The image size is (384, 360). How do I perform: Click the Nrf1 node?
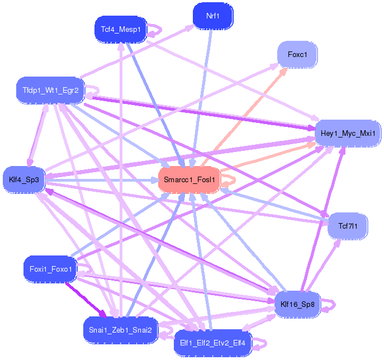click(x=212, y=16)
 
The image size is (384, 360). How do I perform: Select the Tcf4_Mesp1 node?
click(x=121, y=29)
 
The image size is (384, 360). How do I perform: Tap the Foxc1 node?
click(x=297, y=55)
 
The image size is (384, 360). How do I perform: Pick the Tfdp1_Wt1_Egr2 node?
click(x=50, y=90)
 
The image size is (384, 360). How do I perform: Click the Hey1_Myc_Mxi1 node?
click(x=348, y=134)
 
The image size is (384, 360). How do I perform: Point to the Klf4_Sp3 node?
click(x=23, y=179)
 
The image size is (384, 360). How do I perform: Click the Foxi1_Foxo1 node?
click(x=50, y=269)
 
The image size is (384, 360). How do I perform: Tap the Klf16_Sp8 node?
click(x=302, y=305)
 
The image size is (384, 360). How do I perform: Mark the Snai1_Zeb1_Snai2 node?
click(x=121, y=330)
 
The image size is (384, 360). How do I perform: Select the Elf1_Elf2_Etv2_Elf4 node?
click(x=212, y=342)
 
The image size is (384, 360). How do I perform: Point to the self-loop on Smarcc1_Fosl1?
click(x=230, y=179)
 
